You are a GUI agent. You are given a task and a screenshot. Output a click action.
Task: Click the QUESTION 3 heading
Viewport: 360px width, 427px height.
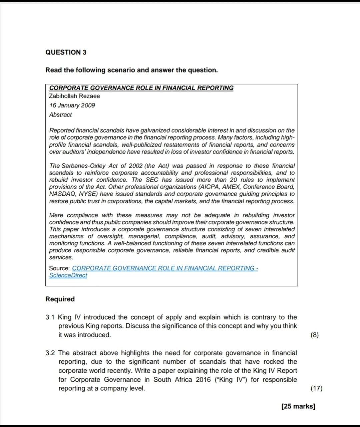coord(66,52)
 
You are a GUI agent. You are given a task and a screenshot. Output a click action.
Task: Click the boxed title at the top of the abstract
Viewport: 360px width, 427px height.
coord(141,88)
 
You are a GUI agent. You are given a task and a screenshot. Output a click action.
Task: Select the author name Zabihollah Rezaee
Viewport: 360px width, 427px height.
coord(74,96)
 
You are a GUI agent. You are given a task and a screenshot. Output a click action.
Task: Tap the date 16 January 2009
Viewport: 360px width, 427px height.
coord(72,105)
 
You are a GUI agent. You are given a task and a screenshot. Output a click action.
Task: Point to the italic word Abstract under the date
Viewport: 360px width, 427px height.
coord(60,115)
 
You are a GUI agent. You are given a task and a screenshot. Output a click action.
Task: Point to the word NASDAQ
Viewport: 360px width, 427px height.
coord(62,194)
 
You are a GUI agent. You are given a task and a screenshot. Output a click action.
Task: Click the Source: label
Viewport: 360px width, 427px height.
coord(59,268)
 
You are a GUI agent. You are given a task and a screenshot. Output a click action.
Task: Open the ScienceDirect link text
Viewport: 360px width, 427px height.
coord(68,275)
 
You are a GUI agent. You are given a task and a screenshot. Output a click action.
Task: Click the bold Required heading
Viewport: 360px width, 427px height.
coord(60,299)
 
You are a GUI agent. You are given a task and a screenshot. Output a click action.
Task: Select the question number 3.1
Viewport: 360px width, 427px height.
coord(50,317)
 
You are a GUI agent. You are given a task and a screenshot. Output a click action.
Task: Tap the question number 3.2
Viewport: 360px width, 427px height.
coord(50,353)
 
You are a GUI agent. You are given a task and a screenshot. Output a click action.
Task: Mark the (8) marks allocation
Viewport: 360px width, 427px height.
coord(314,335)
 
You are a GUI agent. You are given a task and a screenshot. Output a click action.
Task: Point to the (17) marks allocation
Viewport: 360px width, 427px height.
coord(316,388)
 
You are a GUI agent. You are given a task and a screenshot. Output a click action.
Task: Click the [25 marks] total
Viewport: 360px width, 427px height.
coord(298,406)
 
